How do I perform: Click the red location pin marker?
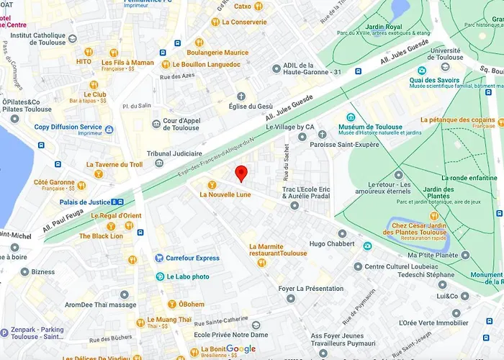[x=242, y=173]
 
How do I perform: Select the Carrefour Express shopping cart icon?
[x=159, y=258]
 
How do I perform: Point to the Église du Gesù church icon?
[x=241, y=96]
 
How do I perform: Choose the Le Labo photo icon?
[x=160, y=276]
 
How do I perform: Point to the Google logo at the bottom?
[x=240, y=349]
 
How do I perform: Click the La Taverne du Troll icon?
[x=98, y=174]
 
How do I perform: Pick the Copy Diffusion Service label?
[x=68, y=127]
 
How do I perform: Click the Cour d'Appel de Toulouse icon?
[x=156, y=124]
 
